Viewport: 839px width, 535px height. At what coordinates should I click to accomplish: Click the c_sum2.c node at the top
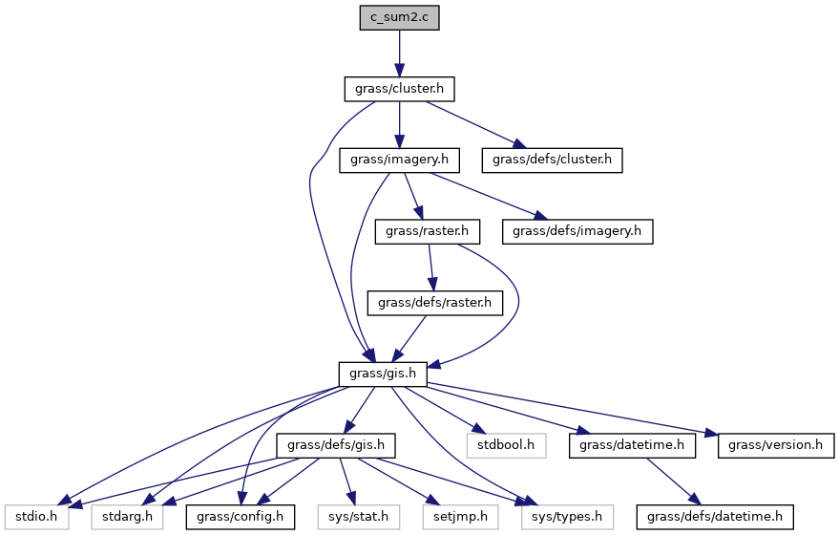pos(399,17)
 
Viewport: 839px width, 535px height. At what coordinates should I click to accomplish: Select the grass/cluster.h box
pos(399,89)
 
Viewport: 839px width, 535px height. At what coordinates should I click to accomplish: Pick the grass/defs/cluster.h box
pos(552,160)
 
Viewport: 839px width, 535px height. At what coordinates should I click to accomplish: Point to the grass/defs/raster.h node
pos(434,302)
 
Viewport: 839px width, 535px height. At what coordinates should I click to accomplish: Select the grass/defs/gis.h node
pos(335,445)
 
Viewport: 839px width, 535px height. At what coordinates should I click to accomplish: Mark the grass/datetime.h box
pos(632,445)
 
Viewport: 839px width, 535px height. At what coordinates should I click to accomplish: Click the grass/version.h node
pos(775,445)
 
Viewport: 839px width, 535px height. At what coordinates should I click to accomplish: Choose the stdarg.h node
pos(128,517)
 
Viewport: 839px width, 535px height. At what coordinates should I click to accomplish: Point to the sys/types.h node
pos(562,517)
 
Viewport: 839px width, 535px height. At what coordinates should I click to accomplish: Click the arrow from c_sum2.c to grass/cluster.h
pos(399,53)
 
